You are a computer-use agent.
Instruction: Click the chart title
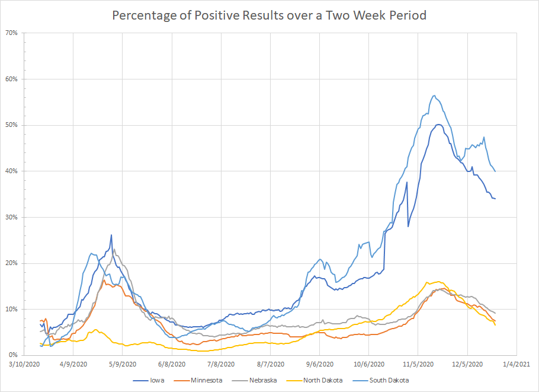coord(269,15)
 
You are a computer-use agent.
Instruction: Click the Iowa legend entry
coord(157,380)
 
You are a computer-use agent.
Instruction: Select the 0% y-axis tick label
coord(14,355)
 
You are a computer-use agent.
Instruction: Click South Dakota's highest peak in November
coord(434,95)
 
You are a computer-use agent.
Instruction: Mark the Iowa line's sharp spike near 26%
coord(111,235)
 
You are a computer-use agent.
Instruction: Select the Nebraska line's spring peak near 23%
coord(114,249)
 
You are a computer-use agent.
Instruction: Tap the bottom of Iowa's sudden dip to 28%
coord(408,227)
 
